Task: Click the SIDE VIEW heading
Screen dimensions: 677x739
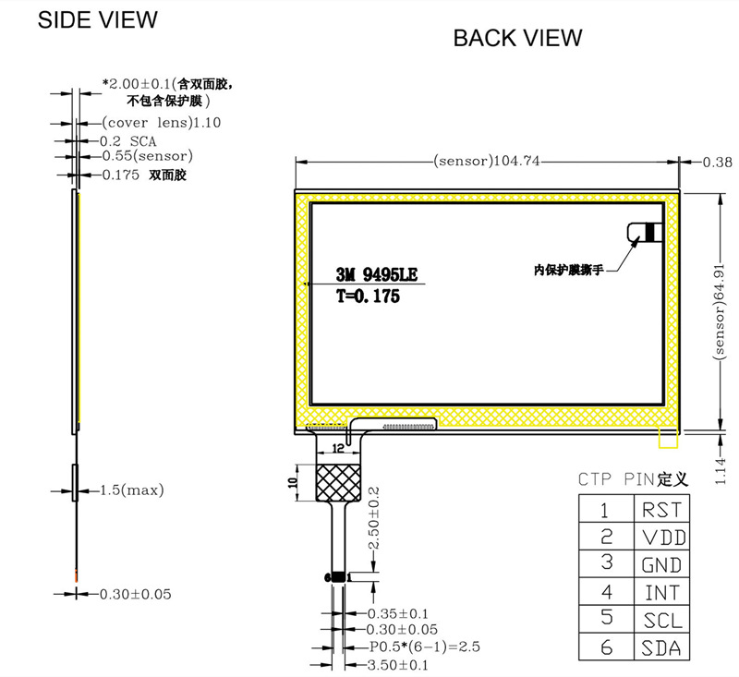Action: pos(97,19)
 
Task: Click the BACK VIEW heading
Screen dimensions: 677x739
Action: pos(517,38)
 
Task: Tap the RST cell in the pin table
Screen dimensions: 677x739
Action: pos(660,509)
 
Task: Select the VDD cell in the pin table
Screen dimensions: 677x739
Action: pos(660,537)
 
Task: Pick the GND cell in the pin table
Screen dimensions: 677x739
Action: pos(660,564)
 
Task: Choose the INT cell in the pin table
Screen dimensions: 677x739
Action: pos(660,592)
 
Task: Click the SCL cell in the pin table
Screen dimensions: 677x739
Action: pos(660,620)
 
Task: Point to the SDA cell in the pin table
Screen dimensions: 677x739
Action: pos(660,647)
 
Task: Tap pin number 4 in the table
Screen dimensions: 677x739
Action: pos(606,592)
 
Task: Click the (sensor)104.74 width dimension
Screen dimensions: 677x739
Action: pos(486,162)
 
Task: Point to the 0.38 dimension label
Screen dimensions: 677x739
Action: pos(717,162)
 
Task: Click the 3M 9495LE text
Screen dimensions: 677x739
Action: pos(377,274)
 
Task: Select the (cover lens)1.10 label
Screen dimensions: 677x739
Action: pos(149,122)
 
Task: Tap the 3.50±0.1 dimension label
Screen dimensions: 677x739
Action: pos(399,664)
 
